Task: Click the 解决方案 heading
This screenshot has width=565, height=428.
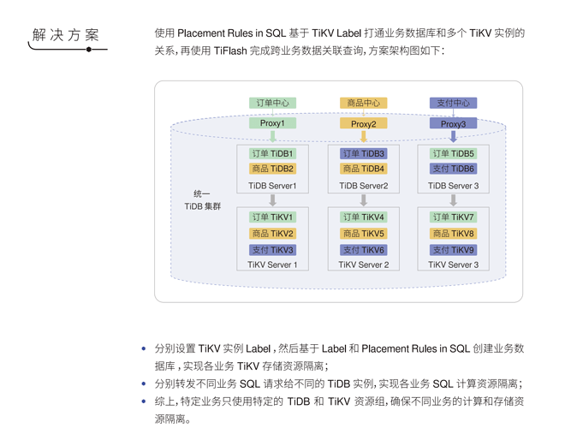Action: (66, 35)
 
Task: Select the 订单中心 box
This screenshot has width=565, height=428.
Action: (272, 103)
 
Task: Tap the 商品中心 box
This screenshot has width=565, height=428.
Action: (363, 103)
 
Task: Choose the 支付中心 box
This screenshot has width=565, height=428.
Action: (453, 103)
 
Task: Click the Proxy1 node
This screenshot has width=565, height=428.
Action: (272, 123)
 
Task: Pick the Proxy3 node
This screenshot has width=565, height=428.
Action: (453, 124)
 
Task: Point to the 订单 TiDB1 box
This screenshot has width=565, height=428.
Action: (272, 154)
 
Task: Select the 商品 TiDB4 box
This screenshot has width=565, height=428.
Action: (363, 169)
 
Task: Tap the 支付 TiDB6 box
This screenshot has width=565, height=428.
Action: (453, 169)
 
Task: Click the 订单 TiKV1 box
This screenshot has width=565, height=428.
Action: (272, 217)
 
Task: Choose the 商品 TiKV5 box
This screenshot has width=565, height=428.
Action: (363, 234)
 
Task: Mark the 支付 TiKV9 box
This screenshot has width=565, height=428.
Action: (453, 250)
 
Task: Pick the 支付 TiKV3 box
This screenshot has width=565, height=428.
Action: (272, 250)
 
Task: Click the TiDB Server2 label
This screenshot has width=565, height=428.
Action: (363, 186)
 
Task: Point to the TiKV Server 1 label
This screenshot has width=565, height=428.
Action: (272, 265)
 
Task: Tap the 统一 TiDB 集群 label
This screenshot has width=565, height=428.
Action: (202, 200)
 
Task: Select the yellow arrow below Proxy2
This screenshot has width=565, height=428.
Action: (363, 136)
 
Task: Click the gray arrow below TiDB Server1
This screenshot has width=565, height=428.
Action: (272, 199)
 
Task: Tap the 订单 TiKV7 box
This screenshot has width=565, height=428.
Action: (453, 217)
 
